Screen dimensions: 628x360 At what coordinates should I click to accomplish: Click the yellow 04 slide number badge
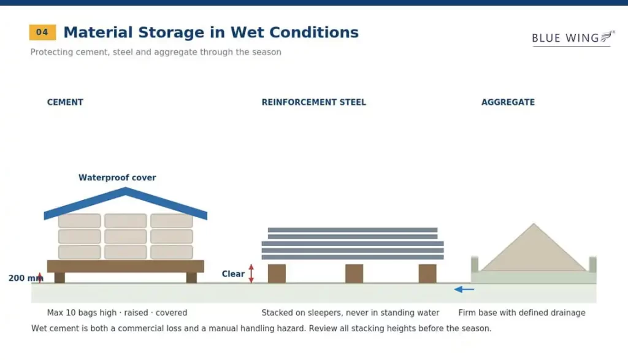(42, 33)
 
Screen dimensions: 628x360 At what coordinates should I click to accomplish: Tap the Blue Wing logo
(573, 39)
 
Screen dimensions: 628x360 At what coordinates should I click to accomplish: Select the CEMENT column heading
(65, 102)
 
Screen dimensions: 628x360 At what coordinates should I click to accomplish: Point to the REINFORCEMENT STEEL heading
(313, 102)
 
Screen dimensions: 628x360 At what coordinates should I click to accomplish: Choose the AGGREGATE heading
(508, 102)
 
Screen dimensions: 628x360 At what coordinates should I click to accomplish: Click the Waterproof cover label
(117, 177)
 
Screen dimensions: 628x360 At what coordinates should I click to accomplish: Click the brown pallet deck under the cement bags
(125, 266)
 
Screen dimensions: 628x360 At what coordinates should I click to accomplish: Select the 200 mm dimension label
(26, 278)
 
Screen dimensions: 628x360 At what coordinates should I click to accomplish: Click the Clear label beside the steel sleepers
(233, 274)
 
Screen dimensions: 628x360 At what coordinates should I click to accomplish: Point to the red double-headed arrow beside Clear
(251, 274)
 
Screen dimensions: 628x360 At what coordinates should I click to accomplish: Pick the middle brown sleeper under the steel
(354, 274)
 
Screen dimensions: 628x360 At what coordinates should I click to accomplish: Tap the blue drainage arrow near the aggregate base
(464, 289)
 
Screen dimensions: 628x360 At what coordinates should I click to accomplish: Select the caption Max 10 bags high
(82, 313)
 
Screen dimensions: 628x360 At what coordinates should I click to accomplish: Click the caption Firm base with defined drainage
(521, 313)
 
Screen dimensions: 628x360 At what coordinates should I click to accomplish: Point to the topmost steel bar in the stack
(353, 230)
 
